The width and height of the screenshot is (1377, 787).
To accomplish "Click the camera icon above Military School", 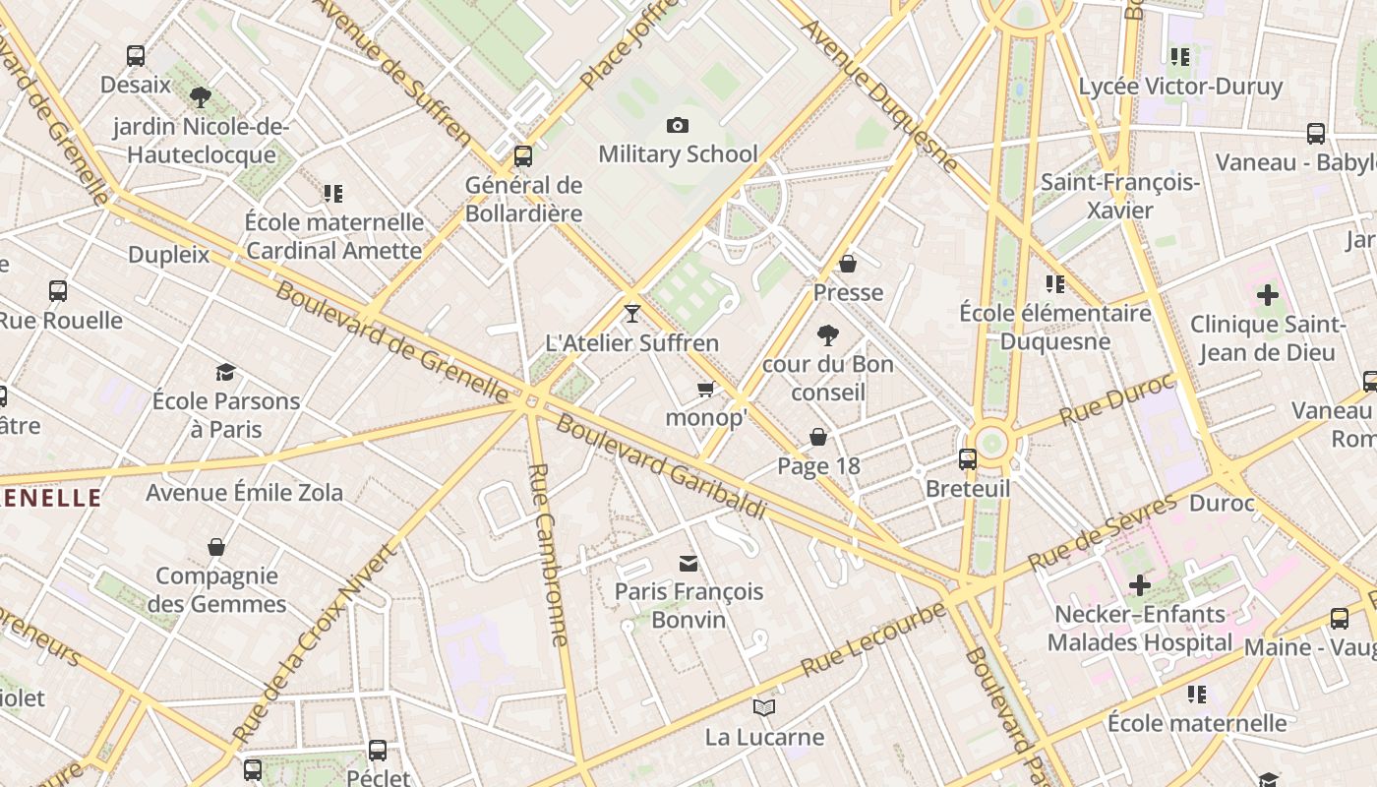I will (677, 125).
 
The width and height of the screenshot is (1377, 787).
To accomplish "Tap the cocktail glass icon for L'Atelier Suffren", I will (631, 314).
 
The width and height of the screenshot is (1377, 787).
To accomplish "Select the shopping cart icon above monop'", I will (705, 390).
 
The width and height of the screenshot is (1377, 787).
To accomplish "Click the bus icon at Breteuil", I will (968, 459).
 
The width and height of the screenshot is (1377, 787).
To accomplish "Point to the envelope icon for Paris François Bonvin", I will (688, 563).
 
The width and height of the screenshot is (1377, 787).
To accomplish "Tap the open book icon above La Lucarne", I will (764, 707).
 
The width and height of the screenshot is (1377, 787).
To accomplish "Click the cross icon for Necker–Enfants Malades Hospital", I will (1139, 585).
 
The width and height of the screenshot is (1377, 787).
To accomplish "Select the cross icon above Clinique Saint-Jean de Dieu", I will (1268, 294).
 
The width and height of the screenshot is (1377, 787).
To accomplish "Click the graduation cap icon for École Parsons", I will (226, 372).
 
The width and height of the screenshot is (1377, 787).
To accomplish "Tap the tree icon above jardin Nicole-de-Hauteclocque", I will (201, 97).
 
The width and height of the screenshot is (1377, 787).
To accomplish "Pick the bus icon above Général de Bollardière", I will (523, 155).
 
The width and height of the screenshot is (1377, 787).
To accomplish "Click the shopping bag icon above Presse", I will (848, 264).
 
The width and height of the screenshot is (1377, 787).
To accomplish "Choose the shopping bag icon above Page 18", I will (818, 437).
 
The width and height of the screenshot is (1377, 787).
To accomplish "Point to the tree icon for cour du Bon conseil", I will (828, 335).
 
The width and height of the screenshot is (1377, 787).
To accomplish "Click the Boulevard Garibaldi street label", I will (660, 467).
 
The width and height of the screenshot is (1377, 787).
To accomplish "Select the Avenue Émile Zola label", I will (244, 492).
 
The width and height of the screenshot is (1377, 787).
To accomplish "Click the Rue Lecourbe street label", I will (872, 639).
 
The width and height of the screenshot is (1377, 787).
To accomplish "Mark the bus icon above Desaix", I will (136, 56).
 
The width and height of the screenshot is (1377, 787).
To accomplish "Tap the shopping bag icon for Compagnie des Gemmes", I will (216, 547).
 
